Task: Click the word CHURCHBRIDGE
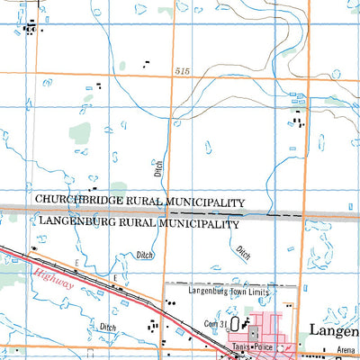tap(71, 202)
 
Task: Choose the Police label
tap(262, 346)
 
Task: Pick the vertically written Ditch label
tap(158, 167)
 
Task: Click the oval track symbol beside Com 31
tap(236, 323)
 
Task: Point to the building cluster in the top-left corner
tap(32, 29)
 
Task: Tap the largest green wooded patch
tap(81, 133)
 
